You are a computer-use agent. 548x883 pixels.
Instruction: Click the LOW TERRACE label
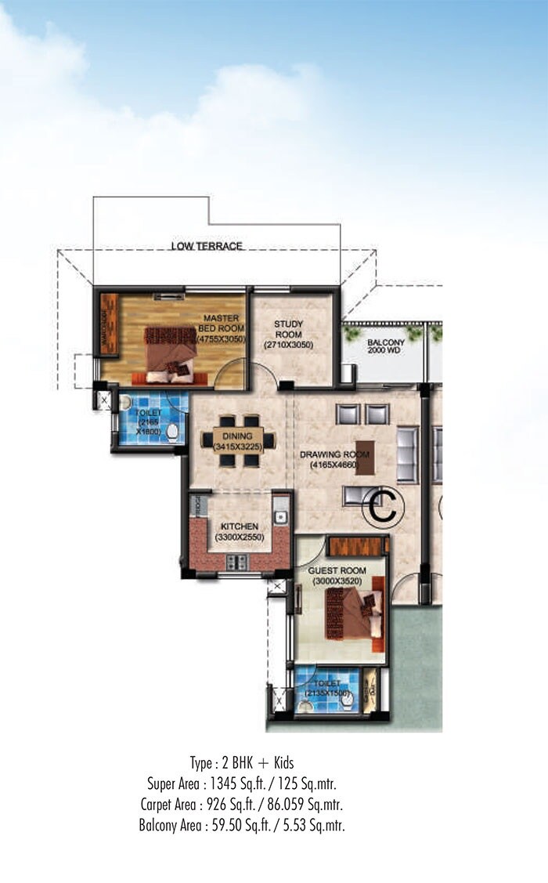(207, 246)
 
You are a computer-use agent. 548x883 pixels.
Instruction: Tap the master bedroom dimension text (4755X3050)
(221, 339)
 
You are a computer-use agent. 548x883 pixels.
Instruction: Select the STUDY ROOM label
(288, 329)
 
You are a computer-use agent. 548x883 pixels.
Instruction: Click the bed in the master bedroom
(171, 354)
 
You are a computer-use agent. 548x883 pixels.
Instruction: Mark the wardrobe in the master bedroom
(109, 324)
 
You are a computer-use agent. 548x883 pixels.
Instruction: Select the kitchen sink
(280, 517)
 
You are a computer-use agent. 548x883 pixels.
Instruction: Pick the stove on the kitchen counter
(236, 562)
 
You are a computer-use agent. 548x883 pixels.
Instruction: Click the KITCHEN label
(238, 526)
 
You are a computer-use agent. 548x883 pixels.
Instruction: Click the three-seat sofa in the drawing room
(407, 454)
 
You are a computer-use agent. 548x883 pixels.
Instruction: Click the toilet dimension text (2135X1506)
(326, 692)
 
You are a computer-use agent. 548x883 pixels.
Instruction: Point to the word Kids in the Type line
(279, 762)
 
